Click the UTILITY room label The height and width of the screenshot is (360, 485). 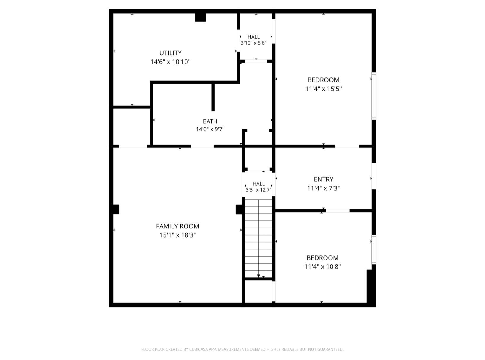click(170, 53)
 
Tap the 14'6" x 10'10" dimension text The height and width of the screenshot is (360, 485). click(170, 62)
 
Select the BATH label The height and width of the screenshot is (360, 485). click(210, 121)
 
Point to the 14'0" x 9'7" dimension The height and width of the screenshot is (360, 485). click(210, 129)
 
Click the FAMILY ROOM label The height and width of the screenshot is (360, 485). click(177, 226)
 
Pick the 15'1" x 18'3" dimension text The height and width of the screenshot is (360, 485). click(177, 235)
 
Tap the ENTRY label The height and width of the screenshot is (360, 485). click(324, 179)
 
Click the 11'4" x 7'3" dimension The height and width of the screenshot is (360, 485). click(324, 188)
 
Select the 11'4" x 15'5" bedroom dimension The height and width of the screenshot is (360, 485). click(324, 89)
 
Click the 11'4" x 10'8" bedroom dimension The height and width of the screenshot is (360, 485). click(323, 267)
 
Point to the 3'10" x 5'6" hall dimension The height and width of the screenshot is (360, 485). click(253, 43)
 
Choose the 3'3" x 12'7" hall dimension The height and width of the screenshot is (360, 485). click(258, 190)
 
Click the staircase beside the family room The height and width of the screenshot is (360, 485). click(258, 238)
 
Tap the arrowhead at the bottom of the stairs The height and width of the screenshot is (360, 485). click(258, 276)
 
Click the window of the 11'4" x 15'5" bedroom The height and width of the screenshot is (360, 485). click(374, 96)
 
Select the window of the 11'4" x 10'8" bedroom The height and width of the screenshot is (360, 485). click(374, 250)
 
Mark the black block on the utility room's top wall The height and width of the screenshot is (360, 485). click(200, 17)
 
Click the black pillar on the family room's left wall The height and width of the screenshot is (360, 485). click(115, 209)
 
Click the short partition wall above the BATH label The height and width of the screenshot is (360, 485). click(213, 97)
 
